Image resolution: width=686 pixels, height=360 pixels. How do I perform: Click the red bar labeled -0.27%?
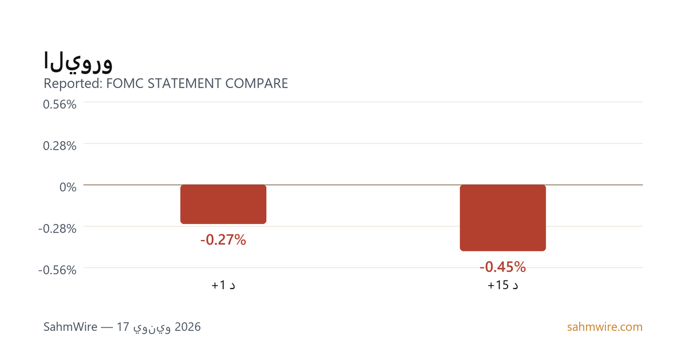tap(224, 204)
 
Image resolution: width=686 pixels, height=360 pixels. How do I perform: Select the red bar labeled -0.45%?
tap(503, 218)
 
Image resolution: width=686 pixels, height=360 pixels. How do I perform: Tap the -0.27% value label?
tap(224, 239)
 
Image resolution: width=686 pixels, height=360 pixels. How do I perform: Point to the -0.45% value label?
tap(503, 267)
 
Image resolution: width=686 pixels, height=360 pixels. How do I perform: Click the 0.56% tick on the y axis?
tap(59, 105)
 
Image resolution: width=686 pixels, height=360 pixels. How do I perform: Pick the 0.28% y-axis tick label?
tap(59, 146)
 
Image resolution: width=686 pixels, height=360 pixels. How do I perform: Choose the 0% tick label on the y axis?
tap(68, 187)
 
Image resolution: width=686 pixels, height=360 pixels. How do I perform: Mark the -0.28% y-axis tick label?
tap(57, 229)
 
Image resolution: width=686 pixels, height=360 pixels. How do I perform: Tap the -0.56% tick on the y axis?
tap(57, 270)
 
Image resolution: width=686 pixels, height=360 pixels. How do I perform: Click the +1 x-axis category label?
tap(224, 285)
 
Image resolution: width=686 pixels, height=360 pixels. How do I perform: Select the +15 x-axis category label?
tap(503, 285)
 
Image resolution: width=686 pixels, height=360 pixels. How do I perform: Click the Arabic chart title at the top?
tap(78, 62)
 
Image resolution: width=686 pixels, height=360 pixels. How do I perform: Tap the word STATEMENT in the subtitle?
tap(184, 83)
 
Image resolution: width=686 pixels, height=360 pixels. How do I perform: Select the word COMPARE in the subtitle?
tap(257, 83)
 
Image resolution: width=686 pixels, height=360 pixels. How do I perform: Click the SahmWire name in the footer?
tap(70, 327)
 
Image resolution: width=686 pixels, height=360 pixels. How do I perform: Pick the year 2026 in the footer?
tap(188, 327)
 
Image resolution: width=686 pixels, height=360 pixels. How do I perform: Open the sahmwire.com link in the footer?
tap(605, 327)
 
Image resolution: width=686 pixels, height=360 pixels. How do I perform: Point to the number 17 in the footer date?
tap(123, 327)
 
